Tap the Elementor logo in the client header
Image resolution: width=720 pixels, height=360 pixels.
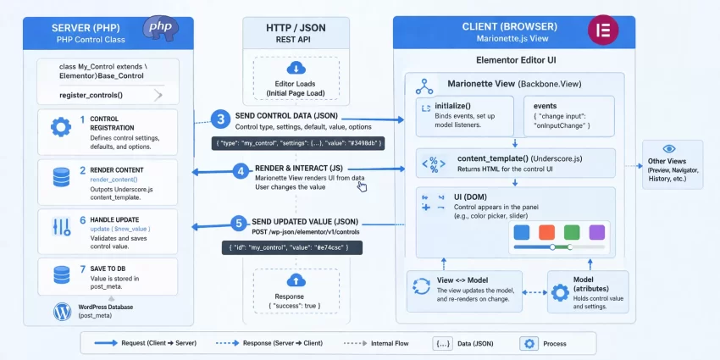[605, 31]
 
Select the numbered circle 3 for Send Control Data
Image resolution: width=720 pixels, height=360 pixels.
[220, 119]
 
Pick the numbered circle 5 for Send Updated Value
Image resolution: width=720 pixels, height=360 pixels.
[239, 224]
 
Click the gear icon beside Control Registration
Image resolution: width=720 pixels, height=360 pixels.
[60, 128]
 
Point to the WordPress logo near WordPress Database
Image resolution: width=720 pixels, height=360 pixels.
[62, 312]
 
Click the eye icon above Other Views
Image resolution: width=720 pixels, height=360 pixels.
[669, 148]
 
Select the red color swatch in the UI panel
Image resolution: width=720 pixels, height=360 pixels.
[546, 231]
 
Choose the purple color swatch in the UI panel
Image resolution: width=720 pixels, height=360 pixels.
[597, 231]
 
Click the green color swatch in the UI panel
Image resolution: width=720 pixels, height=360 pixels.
[572, 231]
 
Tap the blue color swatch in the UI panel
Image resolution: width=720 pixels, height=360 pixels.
[521, 231]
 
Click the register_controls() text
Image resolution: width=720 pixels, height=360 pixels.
[90, 95]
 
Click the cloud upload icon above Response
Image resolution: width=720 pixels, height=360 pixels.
[296, 280]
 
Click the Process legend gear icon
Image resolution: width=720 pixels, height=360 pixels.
[529, 344]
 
